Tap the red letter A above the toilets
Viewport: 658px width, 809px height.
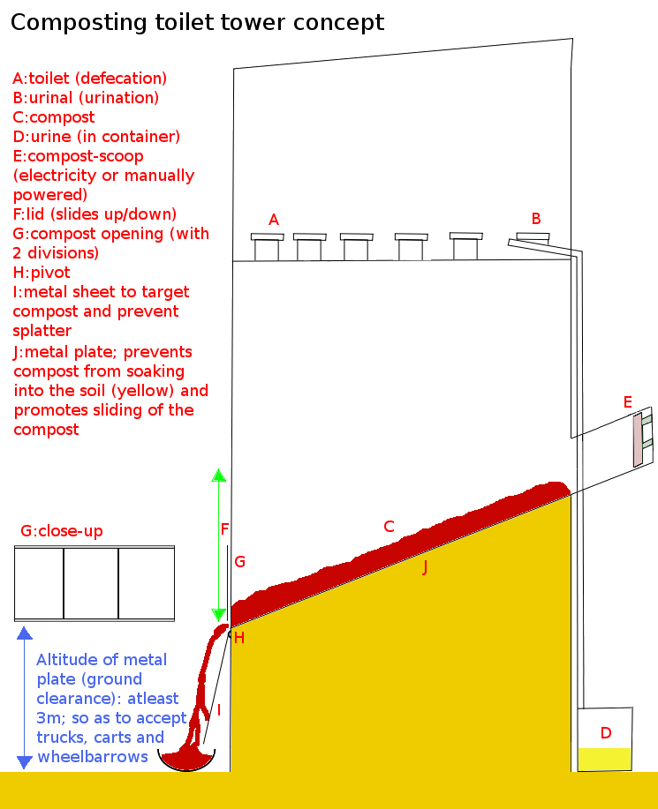(x=274, y=220)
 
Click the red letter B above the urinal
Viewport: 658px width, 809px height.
(x=536, y=219)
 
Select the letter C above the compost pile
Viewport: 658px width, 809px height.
(x=389, y=527)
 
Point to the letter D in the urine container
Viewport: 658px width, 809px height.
(x=606, y=732)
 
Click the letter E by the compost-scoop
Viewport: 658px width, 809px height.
(x=627, y=402)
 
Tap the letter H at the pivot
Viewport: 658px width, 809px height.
(x=239, y=638)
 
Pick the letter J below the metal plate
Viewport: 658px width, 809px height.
(x=425, y=567)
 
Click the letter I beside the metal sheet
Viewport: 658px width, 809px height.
(x=219, y=710)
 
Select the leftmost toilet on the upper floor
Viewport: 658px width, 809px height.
(x=267, y=247)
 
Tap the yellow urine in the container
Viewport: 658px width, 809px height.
(x=604, y=759)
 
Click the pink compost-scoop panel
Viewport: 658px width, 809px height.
(x=638, y=439)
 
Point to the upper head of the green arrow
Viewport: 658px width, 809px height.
(x=218, y=476)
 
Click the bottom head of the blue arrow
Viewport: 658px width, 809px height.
(x=25, y=762)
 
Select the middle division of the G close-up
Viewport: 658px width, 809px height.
(x=91, y=583)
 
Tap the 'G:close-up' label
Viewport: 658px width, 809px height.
(x=62, y=531)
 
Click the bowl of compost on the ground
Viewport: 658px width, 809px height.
(x=186, y=760)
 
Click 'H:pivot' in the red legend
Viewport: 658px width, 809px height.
(x=42, y=273)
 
